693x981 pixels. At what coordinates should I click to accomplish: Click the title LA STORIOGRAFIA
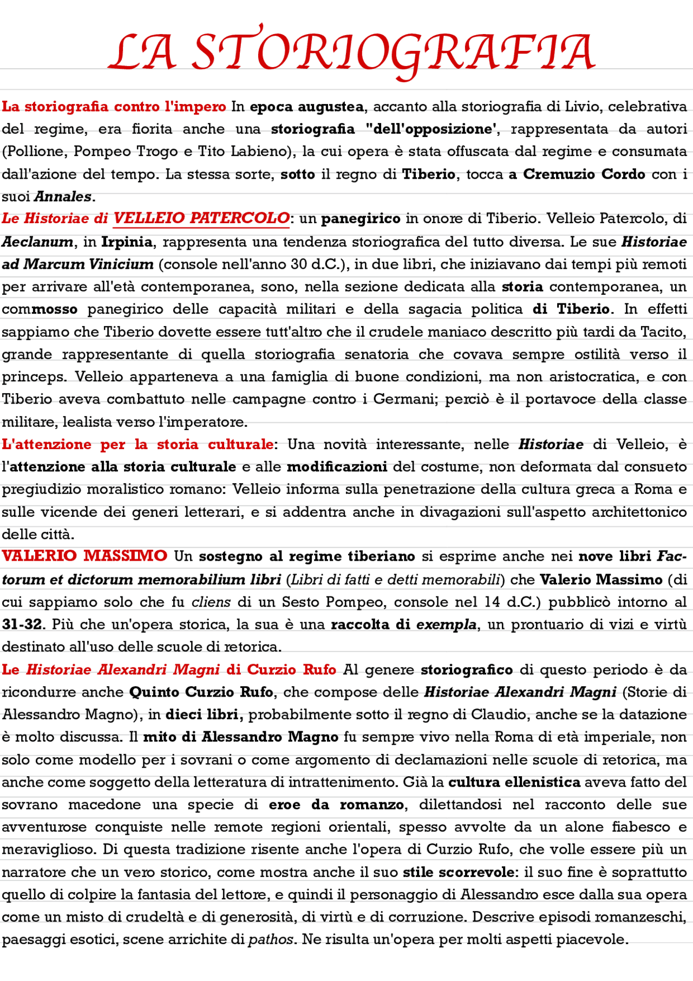[352, 53]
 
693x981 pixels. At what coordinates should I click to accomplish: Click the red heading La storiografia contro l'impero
[114, 107]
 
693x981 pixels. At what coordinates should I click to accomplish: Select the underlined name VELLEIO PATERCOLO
[201, 218]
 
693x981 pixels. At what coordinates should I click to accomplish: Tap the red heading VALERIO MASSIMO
[84, 556]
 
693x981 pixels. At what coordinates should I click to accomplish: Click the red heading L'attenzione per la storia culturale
[138, 444]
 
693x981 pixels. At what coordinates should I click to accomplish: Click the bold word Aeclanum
[37, 242]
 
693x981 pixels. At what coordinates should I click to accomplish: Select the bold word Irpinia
[127, 242]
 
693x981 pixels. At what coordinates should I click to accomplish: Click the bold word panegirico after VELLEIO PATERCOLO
[361, 219]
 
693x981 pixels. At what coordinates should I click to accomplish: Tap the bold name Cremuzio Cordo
[584, 174]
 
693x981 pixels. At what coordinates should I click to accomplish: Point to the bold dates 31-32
[22, 624]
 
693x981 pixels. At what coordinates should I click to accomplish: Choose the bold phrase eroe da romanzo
[336, 804]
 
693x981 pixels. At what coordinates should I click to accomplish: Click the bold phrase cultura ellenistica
[514, 782]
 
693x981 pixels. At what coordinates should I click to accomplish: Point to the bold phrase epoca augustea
[306, 107]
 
